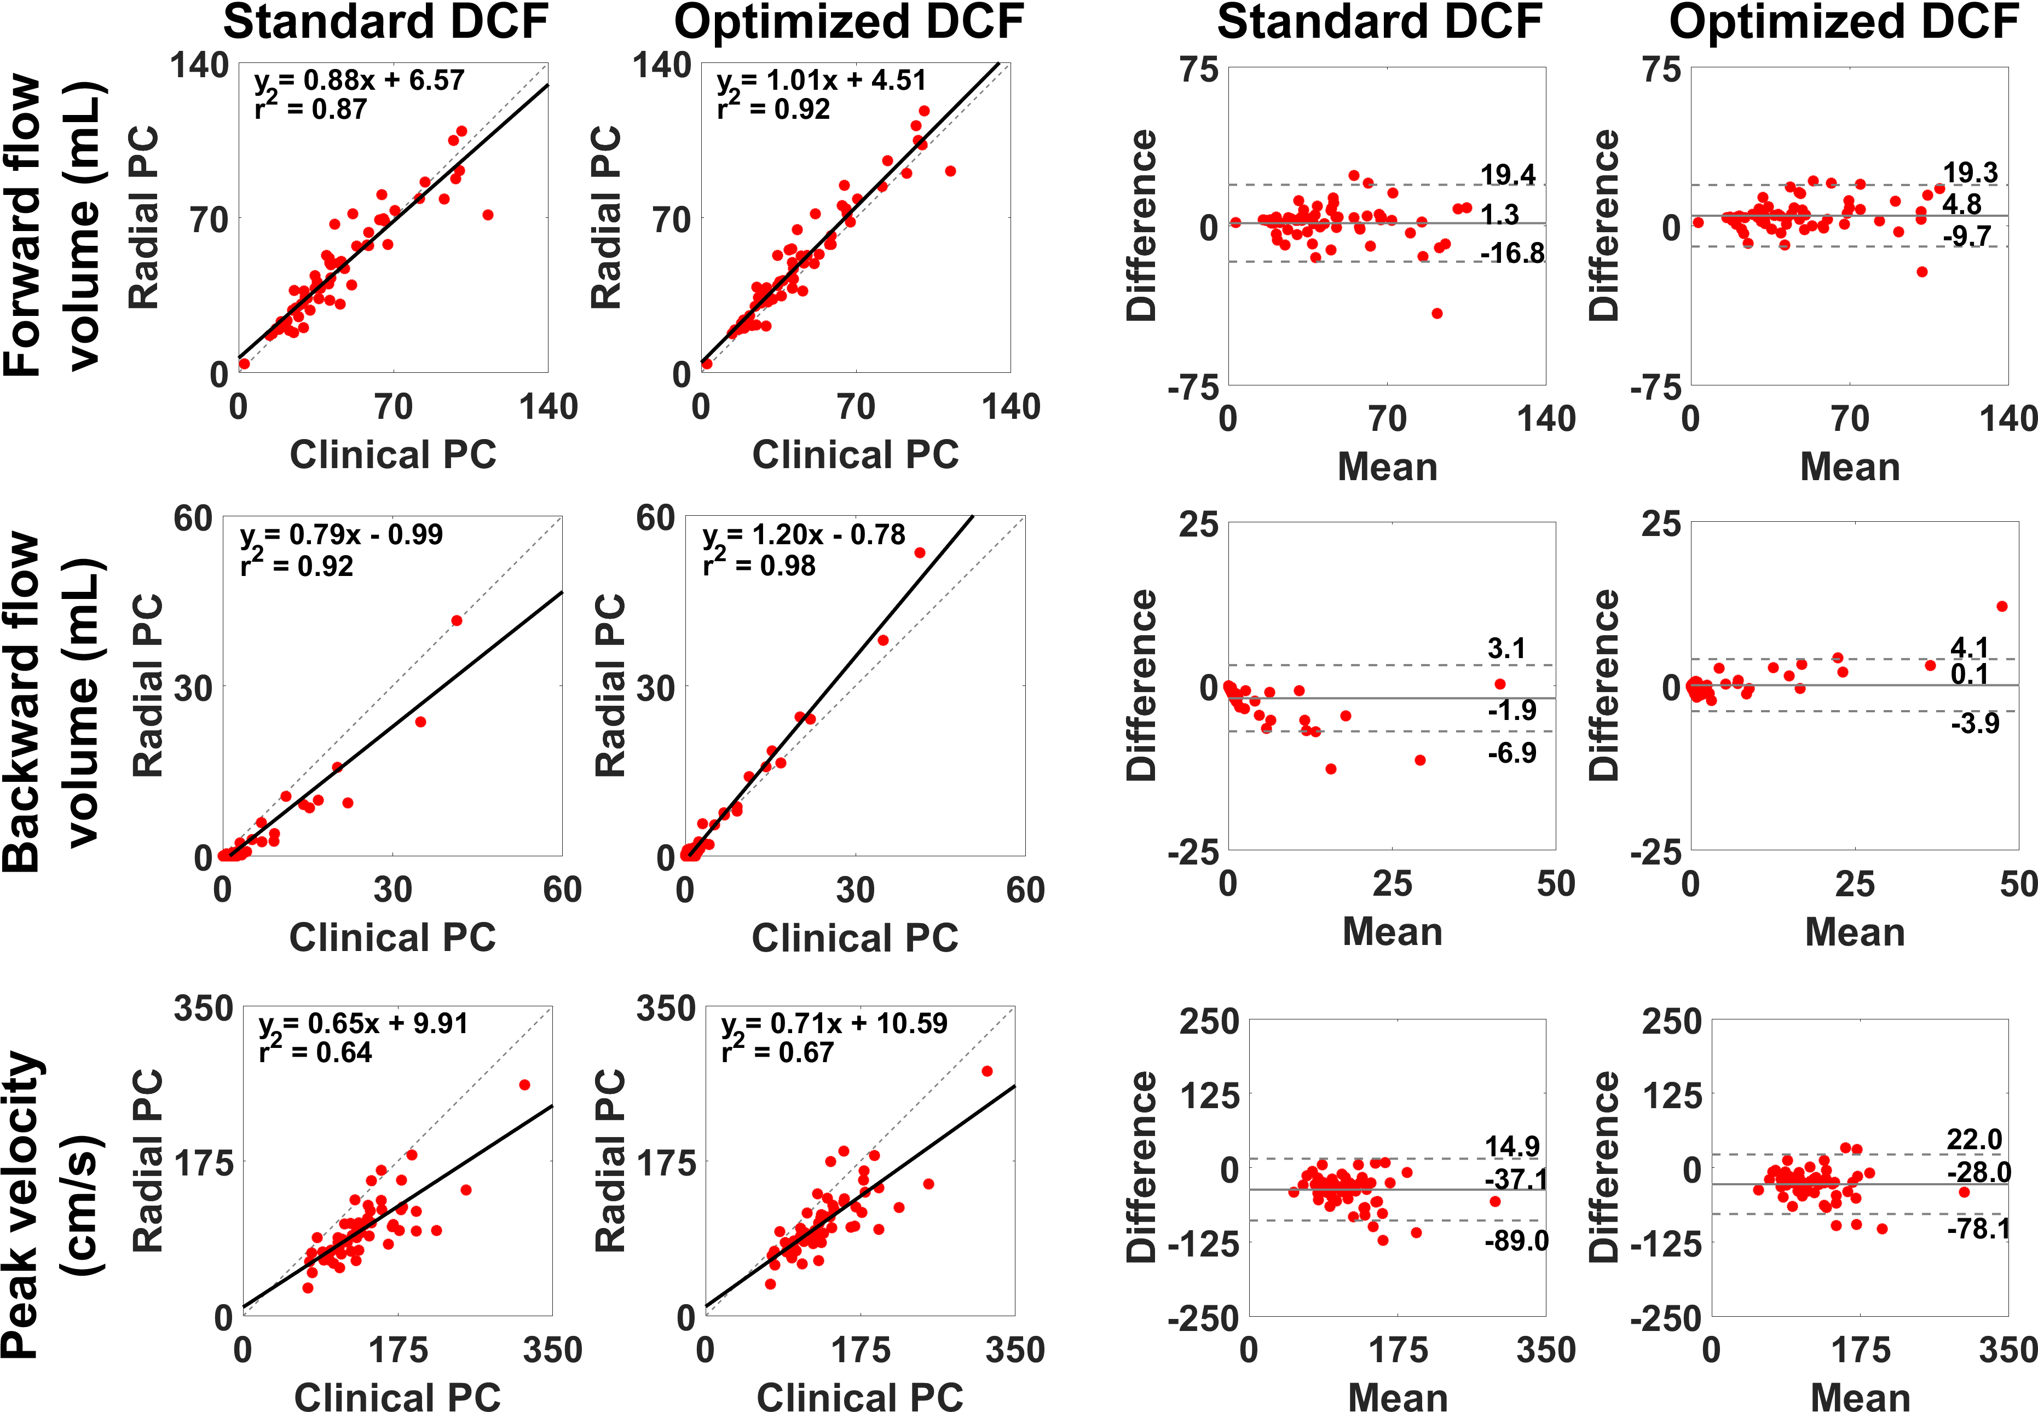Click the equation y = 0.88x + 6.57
359,80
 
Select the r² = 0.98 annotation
759,566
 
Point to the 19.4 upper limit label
1508,174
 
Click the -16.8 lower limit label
1512,254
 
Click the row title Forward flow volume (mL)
55,226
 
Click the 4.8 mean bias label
1962,204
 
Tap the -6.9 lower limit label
1512,753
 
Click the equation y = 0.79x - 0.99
342,535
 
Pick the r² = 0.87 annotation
310,109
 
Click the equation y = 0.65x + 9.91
363,1024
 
